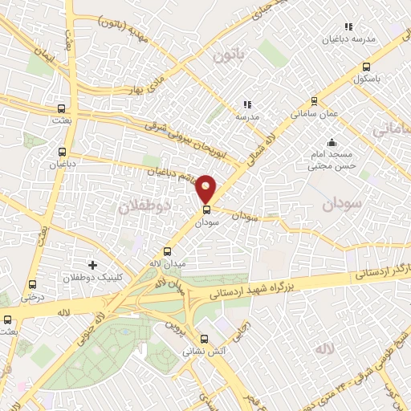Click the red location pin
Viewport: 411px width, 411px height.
(x=206, y=187)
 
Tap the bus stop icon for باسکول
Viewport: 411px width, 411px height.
(x=366, y=67)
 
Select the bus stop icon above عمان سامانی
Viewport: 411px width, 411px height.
(x=313, y=101)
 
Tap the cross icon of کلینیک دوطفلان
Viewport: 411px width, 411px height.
(x=92, y=264)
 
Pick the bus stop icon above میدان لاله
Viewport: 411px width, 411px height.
(x=167, y=250)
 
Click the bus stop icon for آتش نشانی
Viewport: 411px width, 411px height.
(x=204, y=339)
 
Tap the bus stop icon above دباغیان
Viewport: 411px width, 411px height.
(x=63, y=151)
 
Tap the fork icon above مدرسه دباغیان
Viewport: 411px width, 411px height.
(x=348, y=26)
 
